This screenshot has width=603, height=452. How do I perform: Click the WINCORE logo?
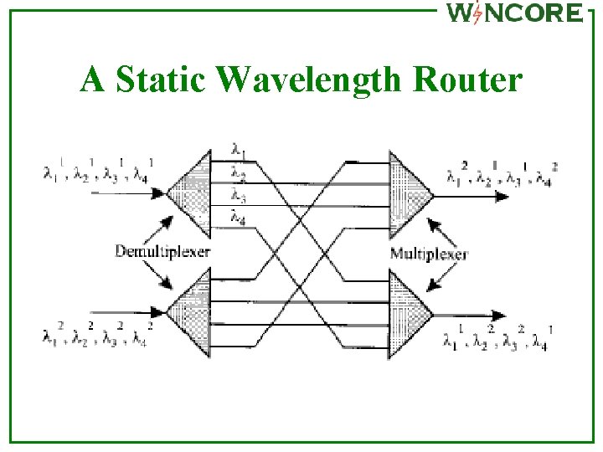tap(513, 13)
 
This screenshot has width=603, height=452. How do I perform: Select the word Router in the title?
tap(470, 80)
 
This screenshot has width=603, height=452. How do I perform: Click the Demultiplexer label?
tap(162, 250)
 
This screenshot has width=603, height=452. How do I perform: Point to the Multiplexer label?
tap(429, 253)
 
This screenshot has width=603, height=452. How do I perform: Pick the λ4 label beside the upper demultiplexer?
tap(239, 219)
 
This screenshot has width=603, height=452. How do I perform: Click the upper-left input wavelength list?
tap(98, 171)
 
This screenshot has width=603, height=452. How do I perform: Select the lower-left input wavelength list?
tap(98, 334)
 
